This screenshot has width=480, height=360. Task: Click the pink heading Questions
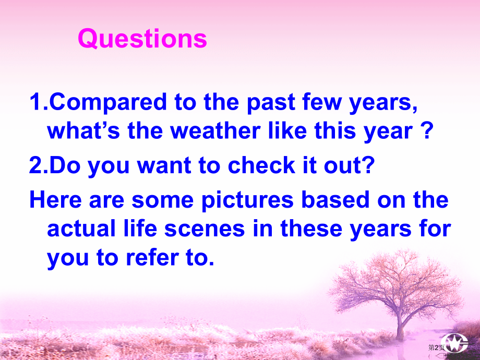click(142, 39)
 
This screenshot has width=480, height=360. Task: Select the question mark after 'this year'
click(427, 131)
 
